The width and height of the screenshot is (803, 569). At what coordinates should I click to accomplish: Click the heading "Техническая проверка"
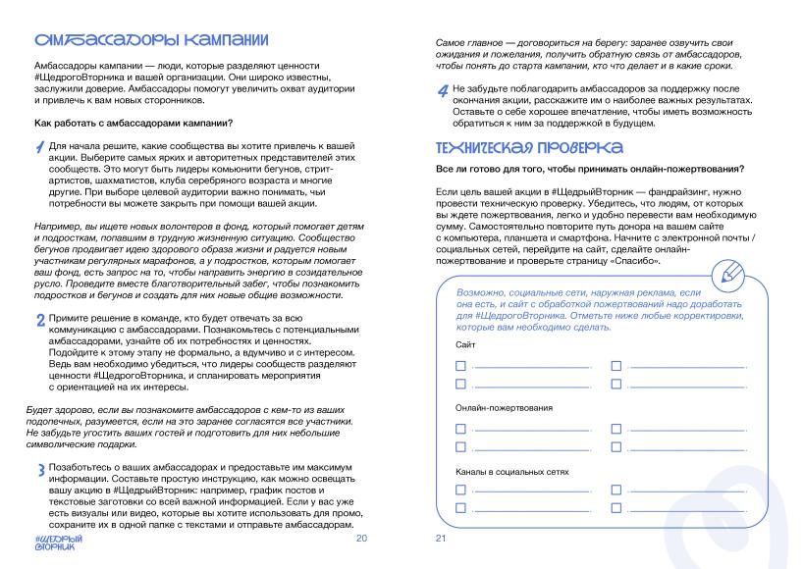528,147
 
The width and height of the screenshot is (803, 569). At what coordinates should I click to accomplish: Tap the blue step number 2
39,320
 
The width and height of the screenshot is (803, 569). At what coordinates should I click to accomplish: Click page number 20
360,539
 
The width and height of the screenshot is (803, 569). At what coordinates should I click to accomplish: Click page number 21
441,539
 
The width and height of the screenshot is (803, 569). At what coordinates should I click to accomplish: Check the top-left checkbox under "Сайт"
461,366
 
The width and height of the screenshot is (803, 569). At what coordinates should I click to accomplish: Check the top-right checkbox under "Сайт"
616,366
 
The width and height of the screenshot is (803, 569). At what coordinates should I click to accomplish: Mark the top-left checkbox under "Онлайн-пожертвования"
461,429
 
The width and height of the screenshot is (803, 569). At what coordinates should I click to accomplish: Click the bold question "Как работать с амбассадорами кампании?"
133,123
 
